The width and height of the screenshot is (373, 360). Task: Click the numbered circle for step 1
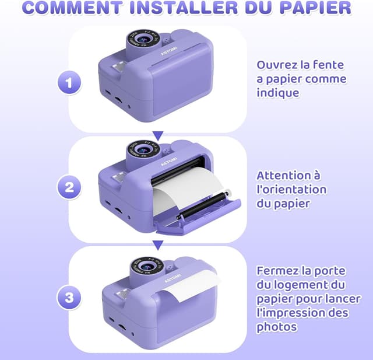pos(69,83)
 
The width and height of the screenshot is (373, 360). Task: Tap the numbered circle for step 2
pos(69,187)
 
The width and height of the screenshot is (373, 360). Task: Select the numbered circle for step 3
pos(69,298)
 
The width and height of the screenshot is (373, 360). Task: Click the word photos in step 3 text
pos(277,327)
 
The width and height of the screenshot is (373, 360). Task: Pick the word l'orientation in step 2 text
pos(291,190)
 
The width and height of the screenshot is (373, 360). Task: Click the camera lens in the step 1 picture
pos(144,39)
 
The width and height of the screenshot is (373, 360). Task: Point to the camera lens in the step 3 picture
pos(147,266)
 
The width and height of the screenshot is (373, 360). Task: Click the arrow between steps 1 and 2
pos(158,136)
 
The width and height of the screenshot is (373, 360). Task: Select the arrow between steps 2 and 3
pos(158,245)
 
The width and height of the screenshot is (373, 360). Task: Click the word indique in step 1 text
pos(278,93)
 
